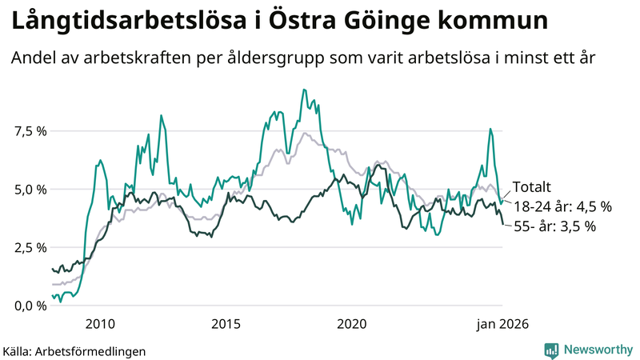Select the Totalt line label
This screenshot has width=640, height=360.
click(531, 187)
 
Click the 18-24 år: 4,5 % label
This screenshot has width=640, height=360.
click(562, 206)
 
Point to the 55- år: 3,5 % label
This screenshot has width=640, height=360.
click(554, 226)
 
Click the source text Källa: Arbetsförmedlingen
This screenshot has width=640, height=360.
click(74, 350)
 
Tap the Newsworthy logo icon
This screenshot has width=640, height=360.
click(551, 350)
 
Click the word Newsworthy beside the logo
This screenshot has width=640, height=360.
click(597, 350)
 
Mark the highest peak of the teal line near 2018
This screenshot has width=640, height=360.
click(303, 90)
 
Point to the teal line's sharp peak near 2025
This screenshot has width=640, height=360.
click(490, 129)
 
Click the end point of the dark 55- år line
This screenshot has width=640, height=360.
click(502, 224)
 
